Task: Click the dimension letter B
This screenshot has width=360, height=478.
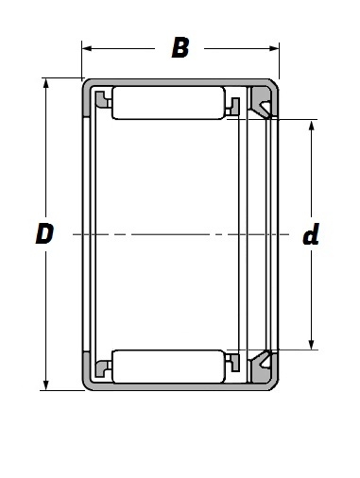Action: click(x=180, y=48)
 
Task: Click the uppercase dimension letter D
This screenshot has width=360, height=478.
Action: click(x=44, y=233)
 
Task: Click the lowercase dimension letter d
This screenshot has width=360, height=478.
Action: click(x=311, y=233)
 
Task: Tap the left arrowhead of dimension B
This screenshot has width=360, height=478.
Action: click(x=87, y=48)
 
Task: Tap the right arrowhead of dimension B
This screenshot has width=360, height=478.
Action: click(x=274, y=48)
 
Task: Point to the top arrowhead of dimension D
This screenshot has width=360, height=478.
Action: click(x=46, y=83)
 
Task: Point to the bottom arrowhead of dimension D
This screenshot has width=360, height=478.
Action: click(x=46, y=385)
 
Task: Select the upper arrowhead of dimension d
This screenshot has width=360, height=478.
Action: click(x=312, y=125)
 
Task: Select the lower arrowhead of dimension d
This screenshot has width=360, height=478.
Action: click(x=312, y=345)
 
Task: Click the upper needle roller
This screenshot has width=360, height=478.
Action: click(x=169, y=103)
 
